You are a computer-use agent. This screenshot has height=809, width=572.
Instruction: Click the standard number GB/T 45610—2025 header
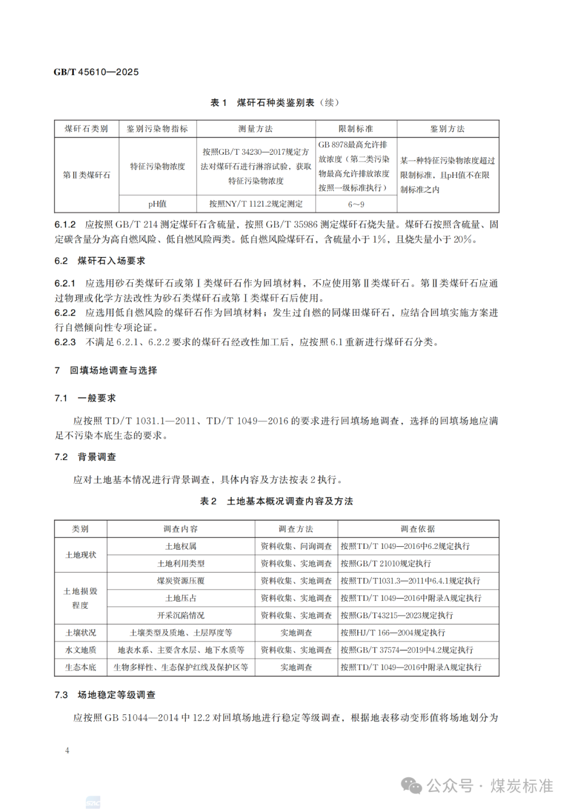(96, 72)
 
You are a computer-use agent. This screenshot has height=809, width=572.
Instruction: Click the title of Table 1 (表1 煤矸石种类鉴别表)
(274, 103)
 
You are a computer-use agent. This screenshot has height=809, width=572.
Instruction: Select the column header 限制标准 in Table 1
(356, 129)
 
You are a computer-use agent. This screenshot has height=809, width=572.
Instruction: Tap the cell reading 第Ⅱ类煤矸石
(87, 175)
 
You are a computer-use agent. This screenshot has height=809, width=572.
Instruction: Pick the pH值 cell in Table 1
(157, 204)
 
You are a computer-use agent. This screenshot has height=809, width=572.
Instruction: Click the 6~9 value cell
(356, 204)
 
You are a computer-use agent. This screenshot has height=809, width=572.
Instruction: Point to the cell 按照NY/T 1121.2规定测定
(256, 204)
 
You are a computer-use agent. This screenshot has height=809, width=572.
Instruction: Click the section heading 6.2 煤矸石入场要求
(100, 261)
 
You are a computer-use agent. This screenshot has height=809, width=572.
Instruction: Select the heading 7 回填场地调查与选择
(106, 370)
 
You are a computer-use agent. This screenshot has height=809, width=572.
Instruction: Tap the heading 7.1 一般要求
(85, 398)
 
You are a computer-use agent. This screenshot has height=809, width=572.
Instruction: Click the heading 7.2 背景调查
(85, 457)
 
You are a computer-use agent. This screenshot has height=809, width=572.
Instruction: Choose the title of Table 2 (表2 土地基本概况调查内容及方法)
(276, 501)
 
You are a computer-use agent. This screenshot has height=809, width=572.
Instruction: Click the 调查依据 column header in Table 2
(418, 529)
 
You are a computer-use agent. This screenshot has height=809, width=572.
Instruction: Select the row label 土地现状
(81, 555)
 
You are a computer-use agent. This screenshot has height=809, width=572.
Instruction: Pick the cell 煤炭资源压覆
(181, 581)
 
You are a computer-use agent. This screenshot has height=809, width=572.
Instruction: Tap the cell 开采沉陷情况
(181, 615)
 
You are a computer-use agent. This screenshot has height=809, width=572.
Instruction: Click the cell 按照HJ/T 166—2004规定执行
(392, 633)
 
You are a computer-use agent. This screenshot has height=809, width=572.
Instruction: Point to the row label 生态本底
(81, 667)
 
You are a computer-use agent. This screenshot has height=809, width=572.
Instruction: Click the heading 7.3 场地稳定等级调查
(105, 695)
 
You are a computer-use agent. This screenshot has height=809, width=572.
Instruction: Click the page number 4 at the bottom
(67, 750)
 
